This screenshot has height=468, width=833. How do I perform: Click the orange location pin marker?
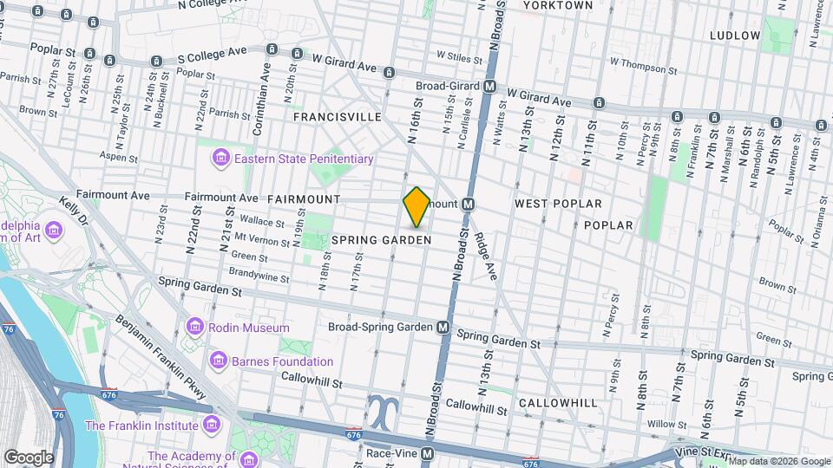pyautogui.click(x=416, y=207)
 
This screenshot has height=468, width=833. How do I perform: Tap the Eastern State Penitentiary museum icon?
pyautogui.click(x=221, y=159)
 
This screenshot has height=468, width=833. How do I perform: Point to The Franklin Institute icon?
pyautogui.click(x=210, y=425)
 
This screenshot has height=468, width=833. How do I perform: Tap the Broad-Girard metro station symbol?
pyautogui.click(x=490, y=87)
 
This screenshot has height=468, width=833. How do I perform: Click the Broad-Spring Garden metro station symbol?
pyautogui.click(x=443, y=328)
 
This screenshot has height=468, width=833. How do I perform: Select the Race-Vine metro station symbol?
pyautogui.click(x=427, y=453)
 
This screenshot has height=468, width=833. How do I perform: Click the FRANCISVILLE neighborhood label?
pyautogui.click(x=338, y=116)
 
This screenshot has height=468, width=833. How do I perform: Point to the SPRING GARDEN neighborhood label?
pyautogui.click(x=394, y=239)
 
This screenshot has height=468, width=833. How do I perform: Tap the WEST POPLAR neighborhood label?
pyautogui.click(x=558, y=204)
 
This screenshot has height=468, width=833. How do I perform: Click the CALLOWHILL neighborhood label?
pyautogui.click(x=558, y=403)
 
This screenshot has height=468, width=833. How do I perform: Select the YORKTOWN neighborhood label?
pyautogui.click(x=558, y=5)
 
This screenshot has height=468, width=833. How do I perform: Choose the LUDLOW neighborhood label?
pyautogui.click(x=734, y=36)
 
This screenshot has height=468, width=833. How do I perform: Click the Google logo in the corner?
pyautogui.click(x=29, y=458)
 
